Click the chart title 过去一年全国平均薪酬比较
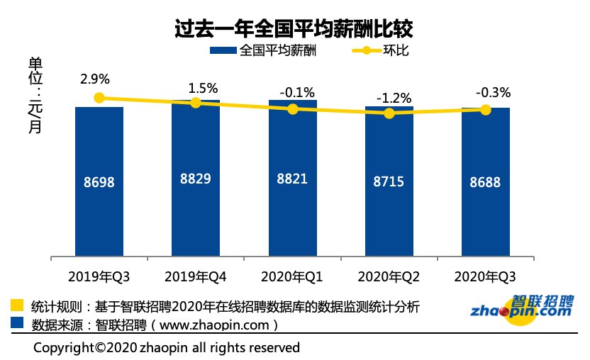point(294,28)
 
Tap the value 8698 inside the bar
point(99,182)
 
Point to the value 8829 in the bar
point(195,179)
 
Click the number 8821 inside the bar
point(292,179)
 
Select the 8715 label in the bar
point(389,181)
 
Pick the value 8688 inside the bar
point(485,182)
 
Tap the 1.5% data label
point(203,89)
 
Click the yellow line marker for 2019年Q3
point(99,98)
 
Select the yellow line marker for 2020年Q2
point(389,113)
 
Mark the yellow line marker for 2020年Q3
point(485,109)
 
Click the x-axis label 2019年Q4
point(195,276)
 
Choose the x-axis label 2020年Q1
point(291,276)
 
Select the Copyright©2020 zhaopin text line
point(167,347)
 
